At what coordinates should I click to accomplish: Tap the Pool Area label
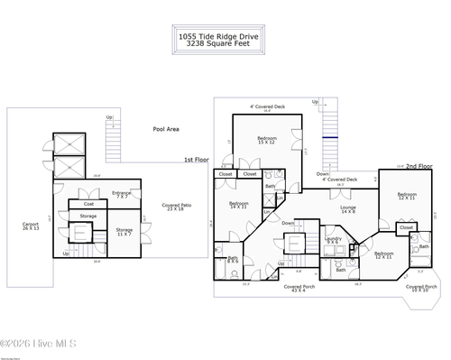[x=165, y=129]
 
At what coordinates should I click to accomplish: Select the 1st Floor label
[x=196, y=160]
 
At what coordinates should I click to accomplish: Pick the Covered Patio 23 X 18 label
[x=177, y=207]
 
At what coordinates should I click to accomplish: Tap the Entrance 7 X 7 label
[x=121, y=194]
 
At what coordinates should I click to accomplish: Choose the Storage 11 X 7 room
[x=124, y=232]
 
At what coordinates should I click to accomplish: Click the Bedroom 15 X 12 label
[x=267, y=140]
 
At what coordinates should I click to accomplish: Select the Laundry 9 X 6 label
[x=333, y=241]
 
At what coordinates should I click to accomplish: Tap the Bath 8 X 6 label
[x=233, y=260]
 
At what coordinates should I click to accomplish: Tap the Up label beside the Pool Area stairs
[x=109, y=117]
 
